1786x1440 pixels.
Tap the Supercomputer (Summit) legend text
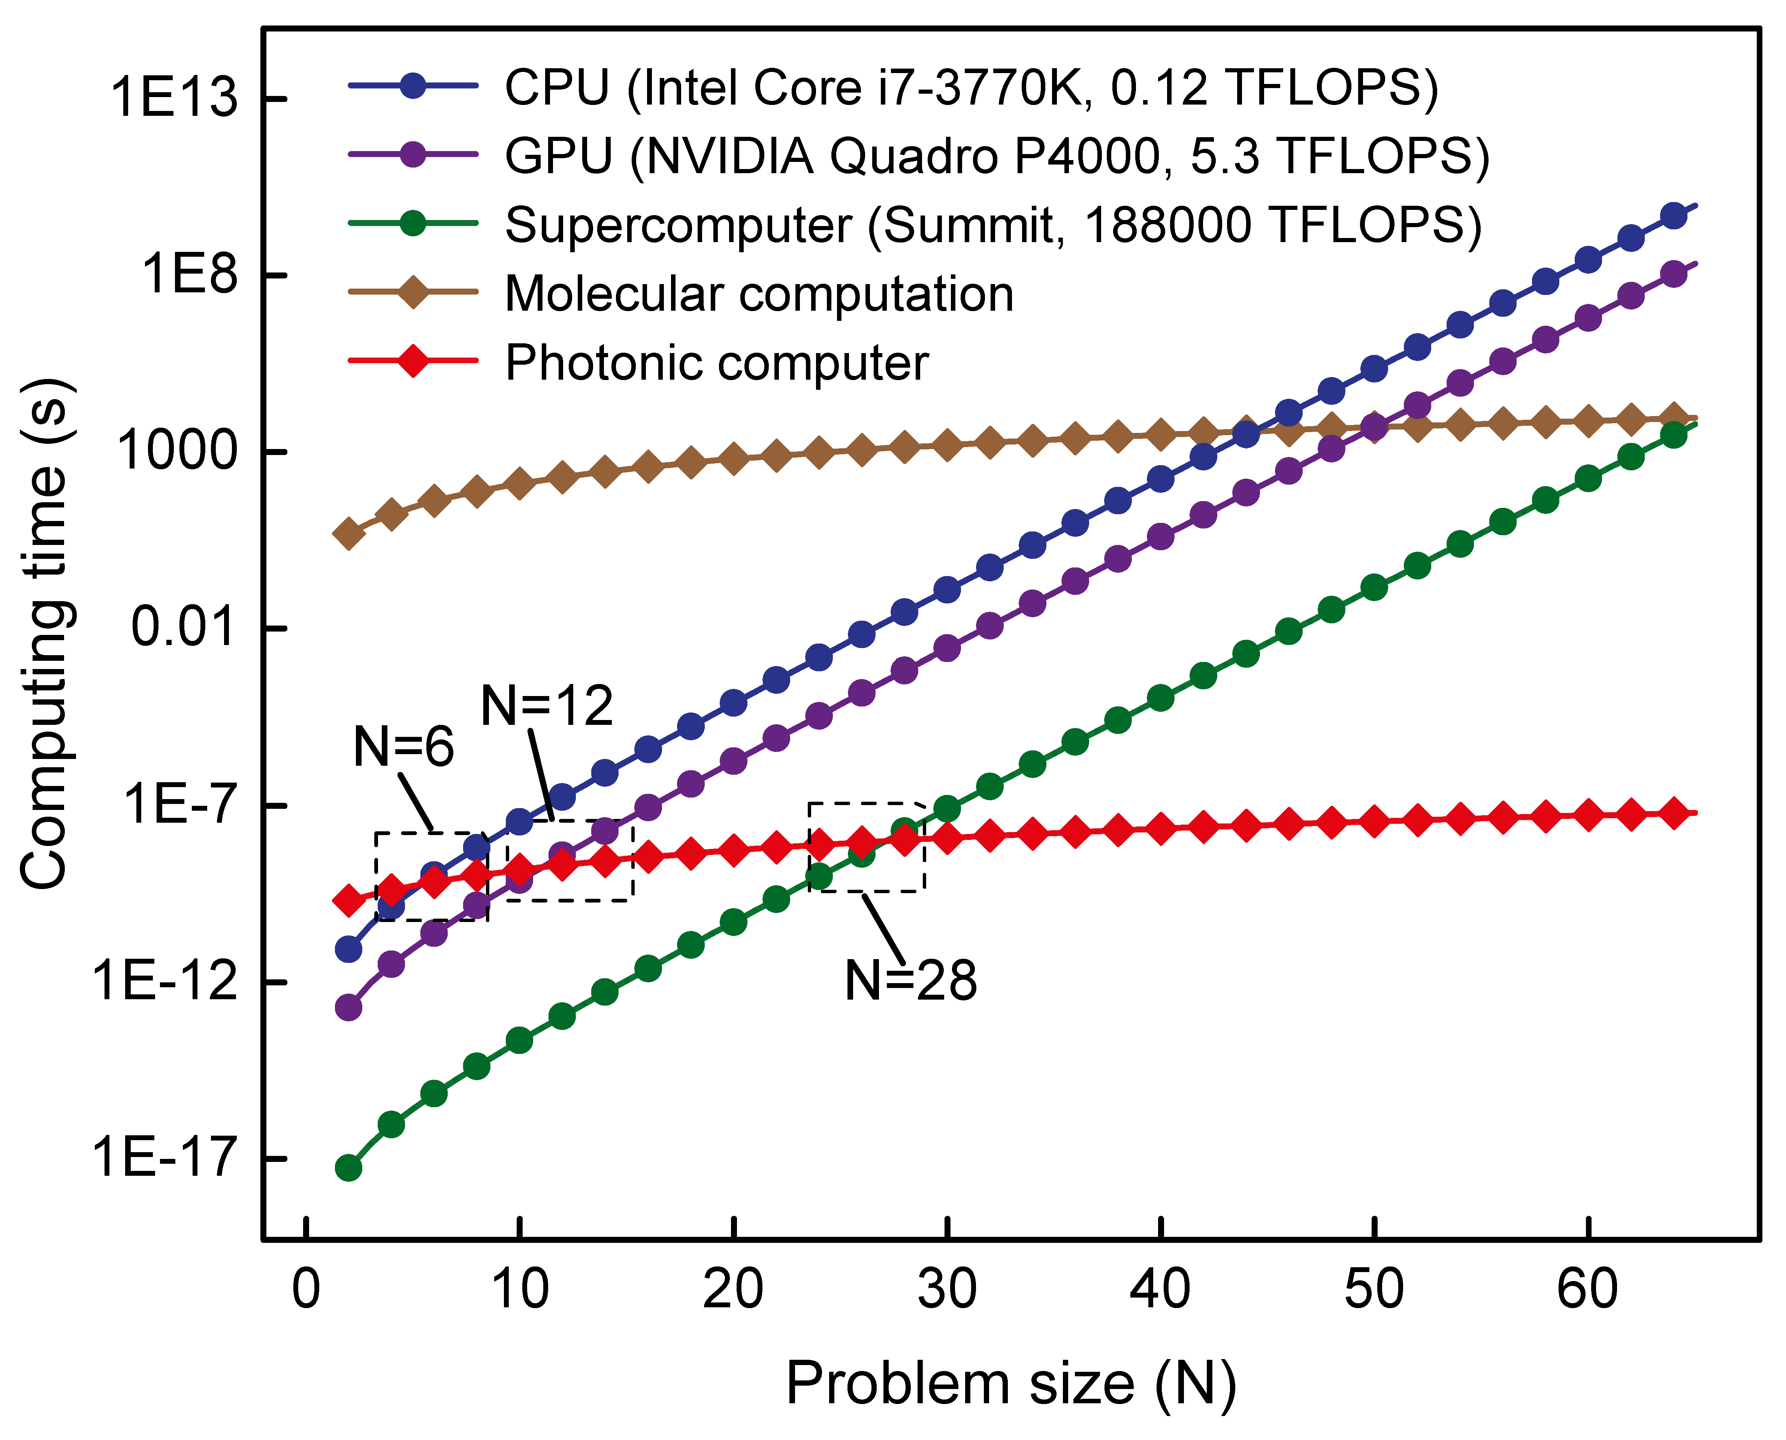[x=992, y=225]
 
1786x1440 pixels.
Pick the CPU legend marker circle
[x=413, y=85]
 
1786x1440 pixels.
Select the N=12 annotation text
[x=546, y=706]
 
